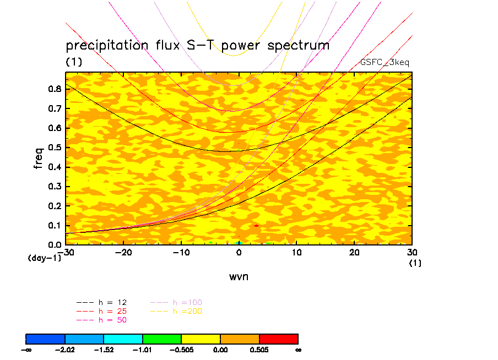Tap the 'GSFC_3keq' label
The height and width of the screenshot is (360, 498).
385,63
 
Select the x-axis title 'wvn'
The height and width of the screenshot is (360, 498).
239,276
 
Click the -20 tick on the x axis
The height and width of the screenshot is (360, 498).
123,252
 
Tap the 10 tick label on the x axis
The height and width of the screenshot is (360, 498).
296,252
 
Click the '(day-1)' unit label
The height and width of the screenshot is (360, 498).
44,258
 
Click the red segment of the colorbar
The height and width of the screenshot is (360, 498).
278,339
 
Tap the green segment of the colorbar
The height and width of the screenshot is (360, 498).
162,339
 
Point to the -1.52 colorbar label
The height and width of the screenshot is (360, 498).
104,349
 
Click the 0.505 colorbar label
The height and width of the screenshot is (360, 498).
259,349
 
